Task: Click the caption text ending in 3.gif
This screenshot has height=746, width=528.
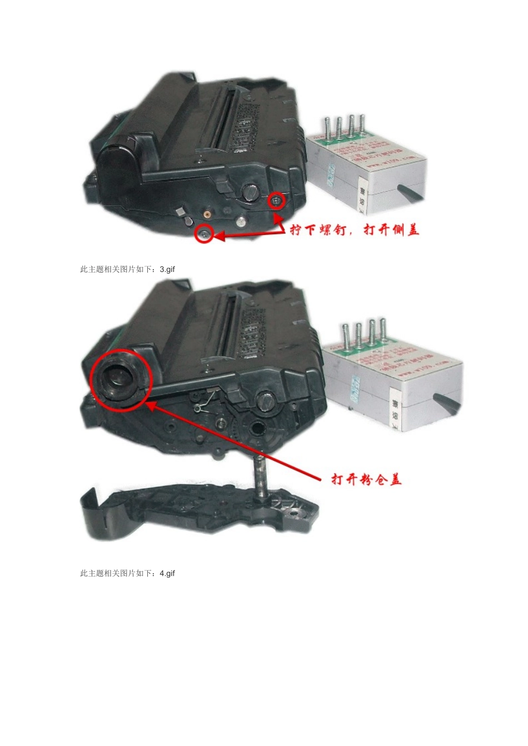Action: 127,269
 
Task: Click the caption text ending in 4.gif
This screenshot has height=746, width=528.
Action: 127,573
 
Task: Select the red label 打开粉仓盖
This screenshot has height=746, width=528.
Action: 366,479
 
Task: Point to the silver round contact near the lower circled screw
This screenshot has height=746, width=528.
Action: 240,222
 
